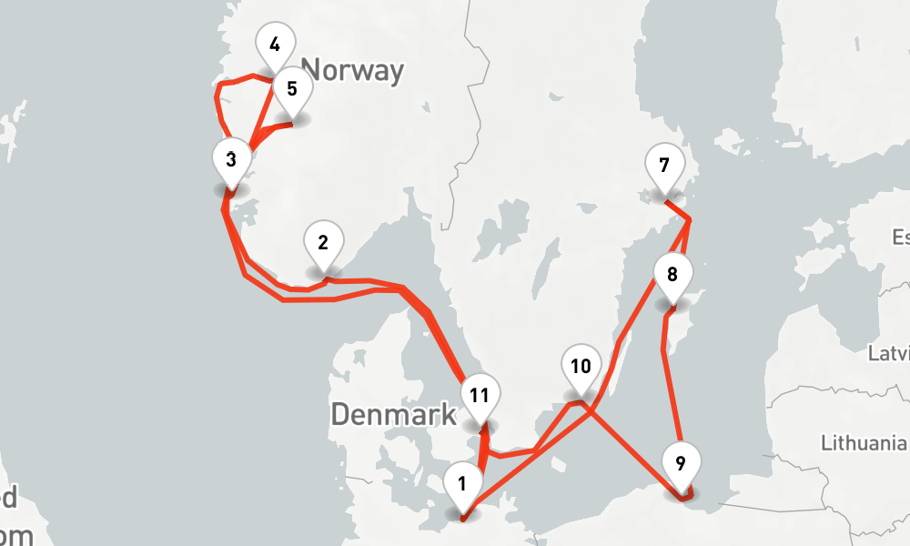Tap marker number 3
point(231,160)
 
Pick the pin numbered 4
point(275,43)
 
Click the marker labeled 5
point(291,89)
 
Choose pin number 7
point(663,167)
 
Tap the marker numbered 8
point(672,275)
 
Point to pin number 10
point(580,367)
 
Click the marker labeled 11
point(480,396)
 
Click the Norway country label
point(352,70)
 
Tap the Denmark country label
point(393,415)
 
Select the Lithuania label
point(864,443)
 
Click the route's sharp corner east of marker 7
point(689,219)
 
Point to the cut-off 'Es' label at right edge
point(900,238)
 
